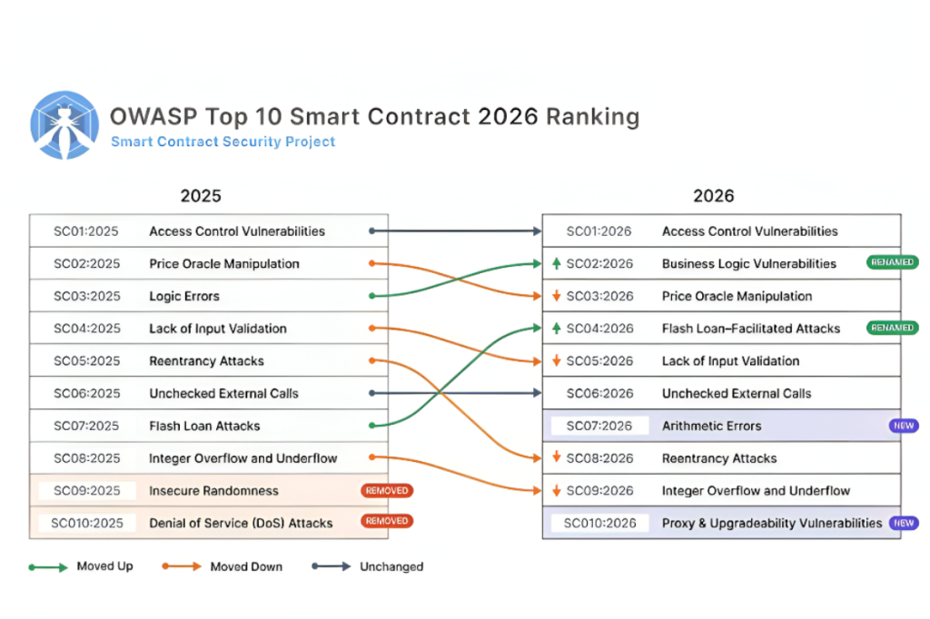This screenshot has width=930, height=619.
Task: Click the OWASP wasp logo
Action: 64,125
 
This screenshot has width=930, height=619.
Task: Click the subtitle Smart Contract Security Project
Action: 223,142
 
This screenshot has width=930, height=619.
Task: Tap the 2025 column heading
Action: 201,196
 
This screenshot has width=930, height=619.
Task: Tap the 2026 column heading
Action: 713,196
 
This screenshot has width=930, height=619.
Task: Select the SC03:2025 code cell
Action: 86,296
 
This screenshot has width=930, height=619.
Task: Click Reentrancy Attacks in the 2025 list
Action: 206,361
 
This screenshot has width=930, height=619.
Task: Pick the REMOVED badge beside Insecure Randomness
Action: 387,491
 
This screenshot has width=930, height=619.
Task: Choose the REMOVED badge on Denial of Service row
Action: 387,522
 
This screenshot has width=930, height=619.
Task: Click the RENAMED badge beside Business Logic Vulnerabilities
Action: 892,263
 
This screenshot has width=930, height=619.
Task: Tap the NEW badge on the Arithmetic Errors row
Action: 903,426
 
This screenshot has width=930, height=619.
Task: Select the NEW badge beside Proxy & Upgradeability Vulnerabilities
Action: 903,523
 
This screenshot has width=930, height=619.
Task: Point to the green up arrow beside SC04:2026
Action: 556,329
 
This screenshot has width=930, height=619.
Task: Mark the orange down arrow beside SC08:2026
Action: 556,458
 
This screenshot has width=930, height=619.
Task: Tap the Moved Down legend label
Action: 246,566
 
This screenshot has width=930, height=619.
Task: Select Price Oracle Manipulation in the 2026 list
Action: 737,296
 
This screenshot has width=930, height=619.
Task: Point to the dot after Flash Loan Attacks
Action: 372,426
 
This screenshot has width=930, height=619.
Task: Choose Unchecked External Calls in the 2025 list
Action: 223,393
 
